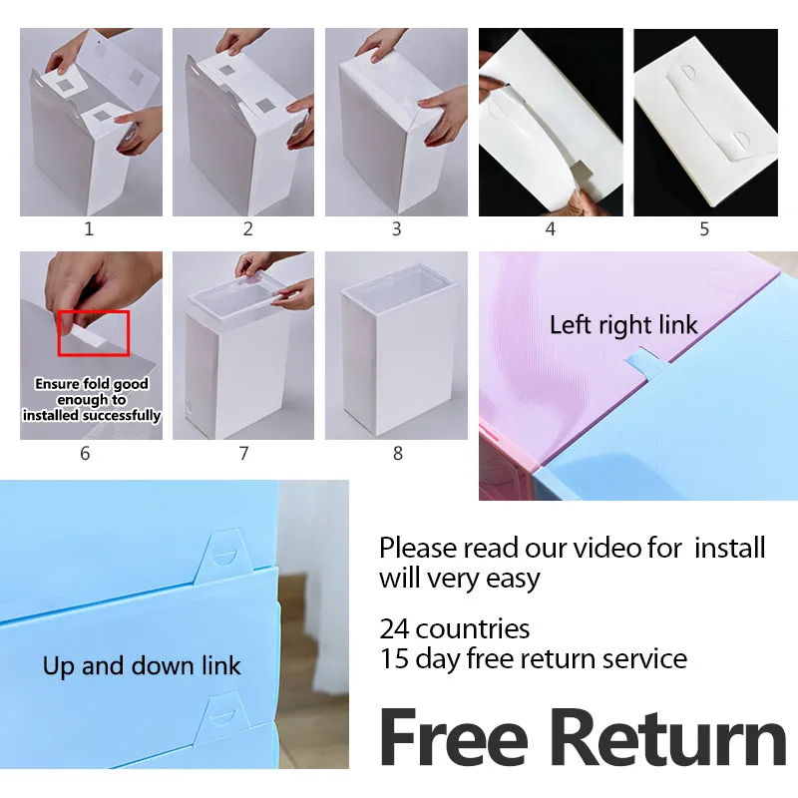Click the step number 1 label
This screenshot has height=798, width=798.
(89, 229)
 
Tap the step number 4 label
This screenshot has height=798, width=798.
(551, 229)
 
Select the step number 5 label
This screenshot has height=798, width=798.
(704, 229)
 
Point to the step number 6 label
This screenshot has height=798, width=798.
(85, 453)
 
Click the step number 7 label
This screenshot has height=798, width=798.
(243, 453)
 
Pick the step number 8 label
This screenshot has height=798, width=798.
(398, 453)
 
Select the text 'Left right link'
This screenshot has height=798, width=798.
(623, 325)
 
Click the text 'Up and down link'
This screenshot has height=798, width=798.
(142, 665)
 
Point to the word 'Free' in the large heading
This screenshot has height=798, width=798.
(454, 737)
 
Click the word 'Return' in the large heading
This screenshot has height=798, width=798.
(668, 737)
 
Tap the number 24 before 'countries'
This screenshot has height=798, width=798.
(394, 629)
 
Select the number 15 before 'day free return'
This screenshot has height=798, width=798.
(394, 658)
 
